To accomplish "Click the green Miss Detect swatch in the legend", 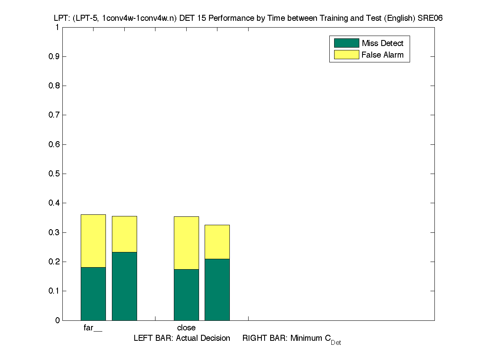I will [346, 43].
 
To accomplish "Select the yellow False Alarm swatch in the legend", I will [346, 55].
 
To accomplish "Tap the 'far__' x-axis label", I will [93, 328].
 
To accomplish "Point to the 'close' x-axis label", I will [186, 328].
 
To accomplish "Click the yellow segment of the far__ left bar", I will [93, 241].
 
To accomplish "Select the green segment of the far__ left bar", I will [93, 294].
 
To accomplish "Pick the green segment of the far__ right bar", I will [124, 286].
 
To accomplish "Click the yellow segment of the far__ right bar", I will [124, 234].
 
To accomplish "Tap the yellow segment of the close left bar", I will [186, 243].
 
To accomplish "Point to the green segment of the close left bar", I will [186, 295].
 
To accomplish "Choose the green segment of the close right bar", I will [217, 290].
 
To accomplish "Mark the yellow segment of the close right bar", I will [217, 242].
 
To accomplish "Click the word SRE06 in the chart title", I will [431, 18].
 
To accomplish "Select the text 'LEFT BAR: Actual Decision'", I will [182, 338].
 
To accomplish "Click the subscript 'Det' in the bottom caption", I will [336, 343].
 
